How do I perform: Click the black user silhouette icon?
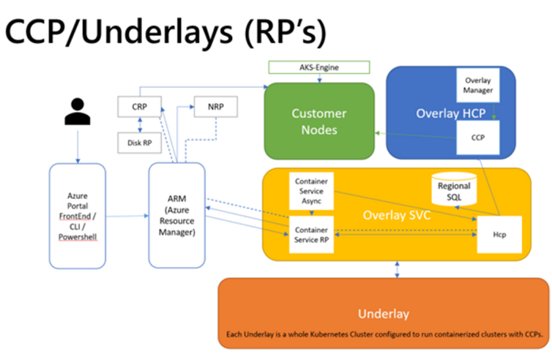pyautogui.click(x=78, y=111)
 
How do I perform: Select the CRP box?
pyautogui.click(x=139, y=107)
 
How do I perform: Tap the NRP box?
pyautogui.click(x=216, y=107)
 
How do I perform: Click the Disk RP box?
pyautogui.click(x=139, y=143)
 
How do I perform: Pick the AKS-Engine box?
pyautogui.click(x=319, y=67)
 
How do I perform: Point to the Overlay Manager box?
pyautogui.click(x=478, y=85)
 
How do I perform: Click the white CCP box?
pyautogui.click(x=478, y=138)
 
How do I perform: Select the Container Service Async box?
pyautogui.click(x=311, y=191)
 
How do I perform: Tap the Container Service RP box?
pyautogui.click(x=311, y=235)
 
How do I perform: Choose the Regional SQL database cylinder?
pyautogui.click(x=454, y=189)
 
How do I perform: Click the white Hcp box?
pyautogui.click(x=499, y=235)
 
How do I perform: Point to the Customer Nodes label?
pyautogui.click(x=319, y=121)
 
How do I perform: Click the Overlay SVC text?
pyautogui.click(x=397, y=215)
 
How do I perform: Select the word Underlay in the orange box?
pyautogui.click(x=384, y=314)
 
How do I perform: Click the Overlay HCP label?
pyautogui.click(x=451, y=113)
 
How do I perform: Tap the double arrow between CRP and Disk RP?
pyautogui.click(x=140, y=125)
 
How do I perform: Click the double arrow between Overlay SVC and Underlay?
pyautogui.click(x=397, y=269)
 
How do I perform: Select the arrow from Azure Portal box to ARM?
pyautogui.click(x=127, y=216)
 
